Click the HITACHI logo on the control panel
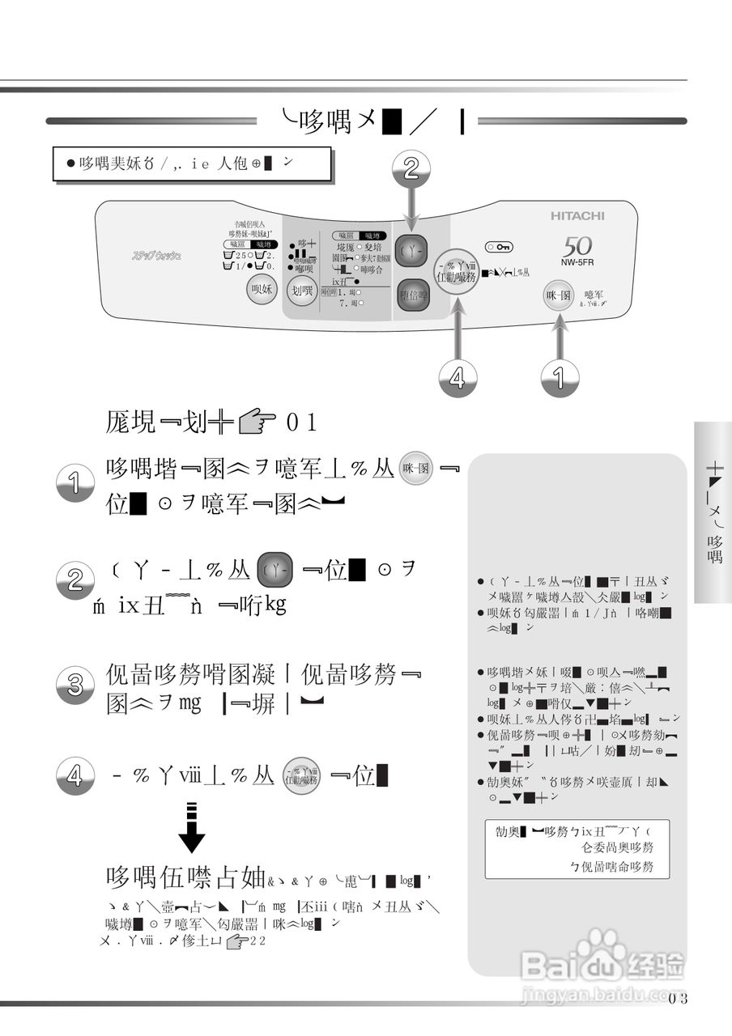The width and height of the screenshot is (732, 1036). (x=577, y=216)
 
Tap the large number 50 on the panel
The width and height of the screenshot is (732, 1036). (x=578, y=247)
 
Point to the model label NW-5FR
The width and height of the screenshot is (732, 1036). (x=578, y=263)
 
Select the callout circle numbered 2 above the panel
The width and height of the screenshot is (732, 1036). (x=411, y=168)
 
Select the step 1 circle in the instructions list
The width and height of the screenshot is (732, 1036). (x=74, y=485)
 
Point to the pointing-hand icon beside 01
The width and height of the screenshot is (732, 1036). (x=257, y=421)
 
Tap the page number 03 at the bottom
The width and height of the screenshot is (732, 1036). (x=679, y=998)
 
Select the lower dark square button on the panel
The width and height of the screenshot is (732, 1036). (x=413, y=295)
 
